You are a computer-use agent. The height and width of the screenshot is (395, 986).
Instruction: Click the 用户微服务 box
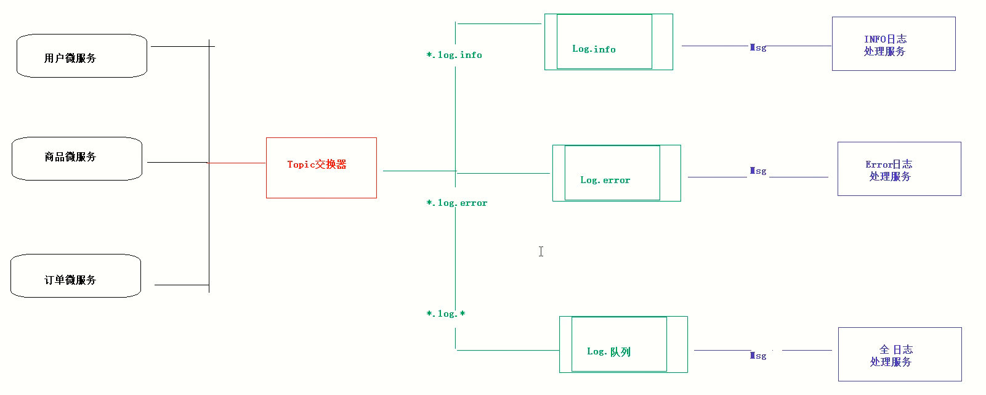tap(81, 56)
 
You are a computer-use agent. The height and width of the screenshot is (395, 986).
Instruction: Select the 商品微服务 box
tap(77, 158)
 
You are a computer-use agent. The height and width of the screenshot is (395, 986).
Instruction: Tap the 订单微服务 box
tap(76, 276)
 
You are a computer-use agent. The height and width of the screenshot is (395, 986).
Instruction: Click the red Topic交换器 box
tap(321, 168)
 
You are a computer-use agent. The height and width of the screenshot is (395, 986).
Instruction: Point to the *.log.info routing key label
tap(454, 55)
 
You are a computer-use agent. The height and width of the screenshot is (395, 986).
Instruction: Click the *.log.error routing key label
tap(456, 203)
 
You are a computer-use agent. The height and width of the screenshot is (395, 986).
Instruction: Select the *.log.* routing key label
tap(446, 314)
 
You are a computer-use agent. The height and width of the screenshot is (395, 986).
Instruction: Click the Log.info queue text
tap(594, 49)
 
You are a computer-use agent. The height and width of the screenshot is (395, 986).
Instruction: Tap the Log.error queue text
tap(605, 181)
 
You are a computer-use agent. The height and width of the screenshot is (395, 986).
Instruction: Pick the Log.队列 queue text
tap(608, 352)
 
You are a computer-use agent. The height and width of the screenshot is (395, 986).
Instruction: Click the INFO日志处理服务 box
tap(893, 44)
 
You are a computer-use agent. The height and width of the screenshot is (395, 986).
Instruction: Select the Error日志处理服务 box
tap(899, 169)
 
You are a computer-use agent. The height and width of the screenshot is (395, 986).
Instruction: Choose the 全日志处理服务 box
tap(899, 354)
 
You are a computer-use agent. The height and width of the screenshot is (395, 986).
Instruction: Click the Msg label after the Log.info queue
tap(758, 47)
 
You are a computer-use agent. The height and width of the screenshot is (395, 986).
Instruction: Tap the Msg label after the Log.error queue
tap(758, 171)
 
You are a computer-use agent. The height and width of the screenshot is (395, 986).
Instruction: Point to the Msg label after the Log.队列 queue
tap(758, 356)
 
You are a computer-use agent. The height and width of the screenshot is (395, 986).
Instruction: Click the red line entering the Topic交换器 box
tap(237, 163)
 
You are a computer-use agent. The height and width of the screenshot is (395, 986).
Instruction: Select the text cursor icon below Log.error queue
tap(541, 251)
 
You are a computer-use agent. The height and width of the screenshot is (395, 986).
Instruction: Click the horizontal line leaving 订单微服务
tap(182, 285)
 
